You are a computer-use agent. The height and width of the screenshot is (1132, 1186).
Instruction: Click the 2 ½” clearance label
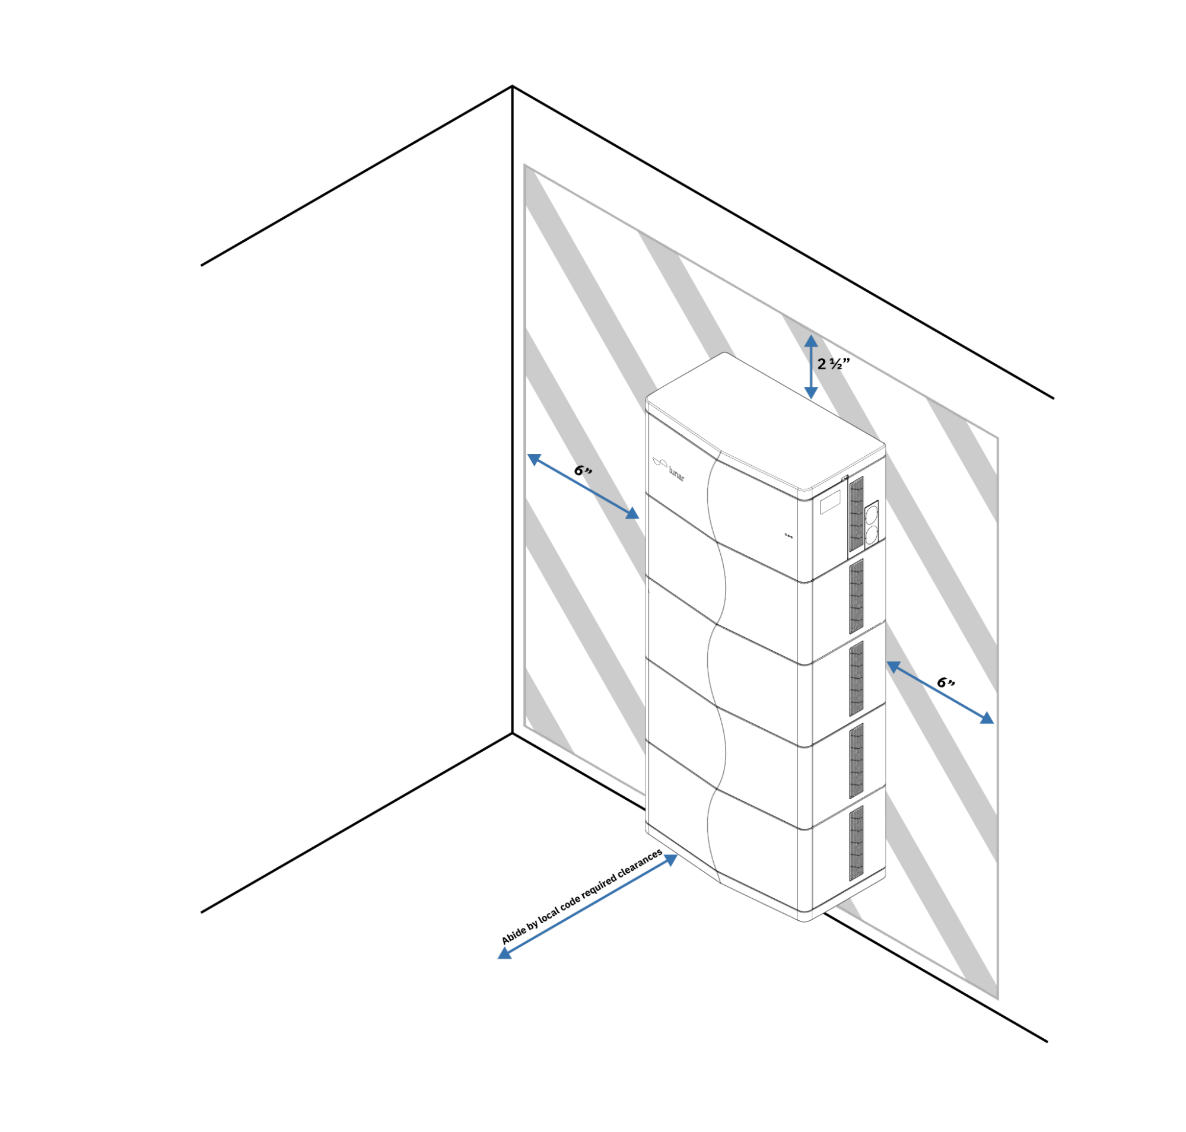coord(834,363)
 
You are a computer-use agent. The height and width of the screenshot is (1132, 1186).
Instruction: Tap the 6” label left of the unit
coord(583,470)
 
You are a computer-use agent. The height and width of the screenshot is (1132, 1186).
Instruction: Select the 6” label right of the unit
coord(946,682)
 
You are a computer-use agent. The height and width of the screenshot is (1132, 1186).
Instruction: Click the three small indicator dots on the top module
coord(788,536)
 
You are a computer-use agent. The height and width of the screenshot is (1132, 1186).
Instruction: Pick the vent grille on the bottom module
coord(856,844)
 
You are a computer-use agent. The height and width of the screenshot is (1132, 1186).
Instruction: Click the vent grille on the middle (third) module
coord(856,679)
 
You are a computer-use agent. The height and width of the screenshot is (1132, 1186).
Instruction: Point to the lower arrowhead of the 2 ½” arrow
coord(811,392)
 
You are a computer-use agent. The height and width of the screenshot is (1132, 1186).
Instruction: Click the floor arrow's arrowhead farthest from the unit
coord(504,953)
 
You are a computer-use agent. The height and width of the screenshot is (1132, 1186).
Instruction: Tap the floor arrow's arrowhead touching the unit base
coord(670,860)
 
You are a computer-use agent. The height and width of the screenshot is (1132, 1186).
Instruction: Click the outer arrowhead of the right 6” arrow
coord(986,717)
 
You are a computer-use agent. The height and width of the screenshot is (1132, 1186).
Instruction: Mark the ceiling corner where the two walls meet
coord(513,86)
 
